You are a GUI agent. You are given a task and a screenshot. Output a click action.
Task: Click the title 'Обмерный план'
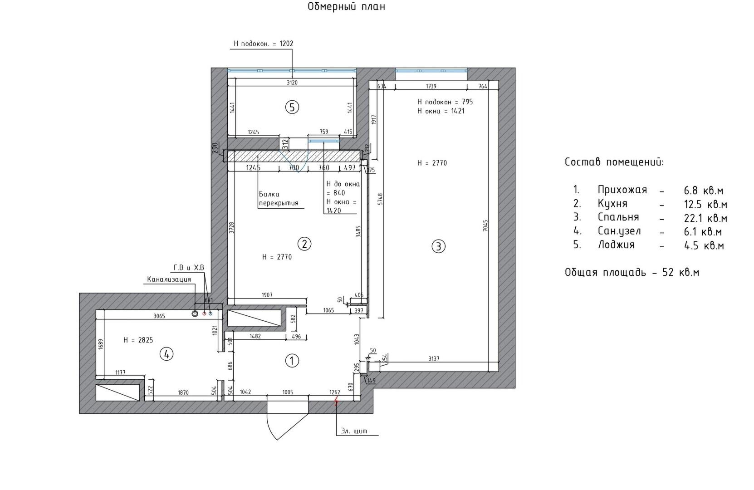coord(346,6)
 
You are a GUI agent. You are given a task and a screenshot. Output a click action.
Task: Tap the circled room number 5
coord(292,108)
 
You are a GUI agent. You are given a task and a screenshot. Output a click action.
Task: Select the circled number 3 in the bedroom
coord(438,247)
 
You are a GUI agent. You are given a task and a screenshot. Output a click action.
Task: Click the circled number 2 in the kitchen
coord(304,244)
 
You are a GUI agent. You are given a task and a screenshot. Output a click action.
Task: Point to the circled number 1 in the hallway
coord(292,361)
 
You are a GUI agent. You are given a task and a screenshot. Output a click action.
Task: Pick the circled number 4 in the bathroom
coord(166,354)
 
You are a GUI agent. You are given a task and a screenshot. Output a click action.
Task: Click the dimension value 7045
coord(485,225)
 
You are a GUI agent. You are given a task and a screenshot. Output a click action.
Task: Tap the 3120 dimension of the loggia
coord(292,83)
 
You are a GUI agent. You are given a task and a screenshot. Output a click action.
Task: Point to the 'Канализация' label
coord(169,279)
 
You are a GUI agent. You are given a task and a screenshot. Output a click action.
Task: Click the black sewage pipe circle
coord(195,314)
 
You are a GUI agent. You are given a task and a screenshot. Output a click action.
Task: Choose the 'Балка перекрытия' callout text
coord(279,199)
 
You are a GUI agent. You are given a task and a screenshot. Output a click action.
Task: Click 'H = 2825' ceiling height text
coord(138,340)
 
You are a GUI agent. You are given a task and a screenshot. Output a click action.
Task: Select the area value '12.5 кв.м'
coord(705,204)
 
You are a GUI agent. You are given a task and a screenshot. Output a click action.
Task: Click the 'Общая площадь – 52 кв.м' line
coord(632,272)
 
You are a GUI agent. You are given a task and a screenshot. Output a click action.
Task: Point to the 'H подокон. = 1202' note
coord(264,44)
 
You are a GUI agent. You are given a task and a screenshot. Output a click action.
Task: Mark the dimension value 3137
coord(434,359)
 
